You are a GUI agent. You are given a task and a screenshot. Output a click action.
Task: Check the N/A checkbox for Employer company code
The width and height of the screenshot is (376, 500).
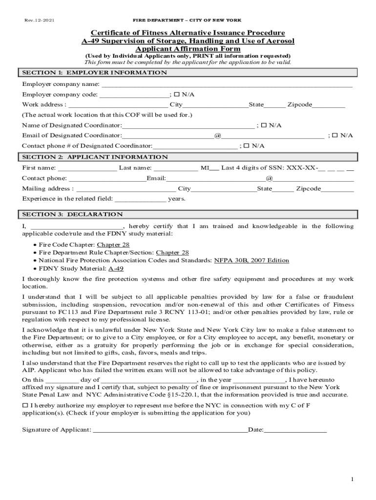tap(177, 94)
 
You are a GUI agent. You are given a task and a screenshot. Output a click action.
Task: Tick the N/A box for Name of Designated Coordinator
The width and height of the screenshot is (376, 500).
tap(264, 125)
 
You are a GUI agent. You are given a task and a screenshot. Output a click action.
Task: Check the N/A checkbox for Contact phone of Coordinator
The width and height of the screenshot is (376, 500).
tap(247, 146)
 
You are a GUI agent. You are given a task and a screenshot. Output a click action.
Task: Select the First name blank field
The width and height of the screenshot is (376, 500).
tap(87, 168)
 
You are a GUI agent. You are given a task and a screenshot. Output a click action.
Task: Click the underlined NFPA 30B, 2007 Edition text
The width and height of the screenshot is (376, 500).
tap(251, 260)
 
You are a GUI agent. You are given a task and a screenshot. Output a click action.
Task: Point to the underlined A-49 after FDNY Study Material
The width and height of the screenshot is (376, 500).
tap(116, 269)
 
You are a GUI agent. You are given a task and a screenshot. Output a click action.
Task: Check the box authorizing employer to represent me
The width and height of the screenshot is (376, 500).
tap(25, 406)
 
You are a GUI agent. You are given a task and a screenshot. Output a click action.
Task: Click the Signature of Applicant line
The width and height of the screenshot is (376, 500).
tap(170, 430)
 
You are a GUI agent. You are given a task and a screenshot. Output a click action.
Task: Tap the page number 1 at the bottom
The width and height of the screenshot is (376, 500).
tap(352, 479)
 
